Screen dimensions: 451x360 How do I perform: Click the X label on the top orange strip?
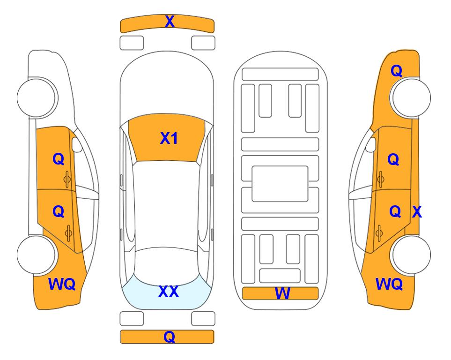[170, 22]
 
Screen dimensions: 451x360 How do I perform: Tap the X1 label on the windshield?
[169, 138]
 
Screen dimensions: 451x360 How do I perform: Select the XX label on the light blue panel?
[169, 292]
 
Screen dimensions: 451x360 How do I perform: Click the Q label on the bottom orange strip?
[170, 337]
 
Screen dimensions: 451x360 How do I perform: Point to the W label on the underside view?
[282, 293]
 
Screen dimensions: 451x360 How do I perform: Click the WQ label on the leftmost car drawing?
[62, 284]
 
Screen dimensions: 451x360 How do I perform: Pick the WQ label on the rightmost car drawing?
[389, 284]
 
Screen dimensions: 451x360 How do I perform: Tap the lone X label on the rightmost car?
[417, 212]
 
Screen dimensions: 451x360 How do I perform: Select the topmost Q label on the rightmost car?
[396, 71]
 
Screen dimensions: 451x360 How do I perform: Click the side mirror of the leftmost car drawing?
[76, 144]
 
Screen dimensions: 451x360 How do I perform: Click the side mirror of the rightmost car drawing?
[371, 144]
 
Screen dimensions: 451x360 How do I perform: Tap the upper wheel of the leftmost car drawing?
[37, 97]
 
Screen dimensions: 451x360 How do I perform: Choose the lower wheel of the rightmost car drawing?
[411, 255]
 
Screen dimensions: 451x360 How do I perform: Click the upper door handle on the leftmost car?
[67, 179]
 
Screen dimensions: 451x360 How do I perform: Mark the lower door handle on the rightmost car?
[379, 233]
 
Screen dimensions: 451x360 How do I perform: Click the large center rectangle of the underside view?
[280, 184]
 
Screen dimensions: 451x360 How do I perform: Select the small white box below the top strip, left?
[132, 43]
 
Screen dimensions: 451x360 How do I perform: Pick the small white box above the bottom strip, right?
[203, 319]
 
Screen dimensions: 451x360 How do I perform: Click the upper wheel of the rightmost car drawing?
[411, 97]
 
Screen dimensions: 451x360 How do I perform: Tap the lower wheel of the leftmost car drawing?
[37, 255]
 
